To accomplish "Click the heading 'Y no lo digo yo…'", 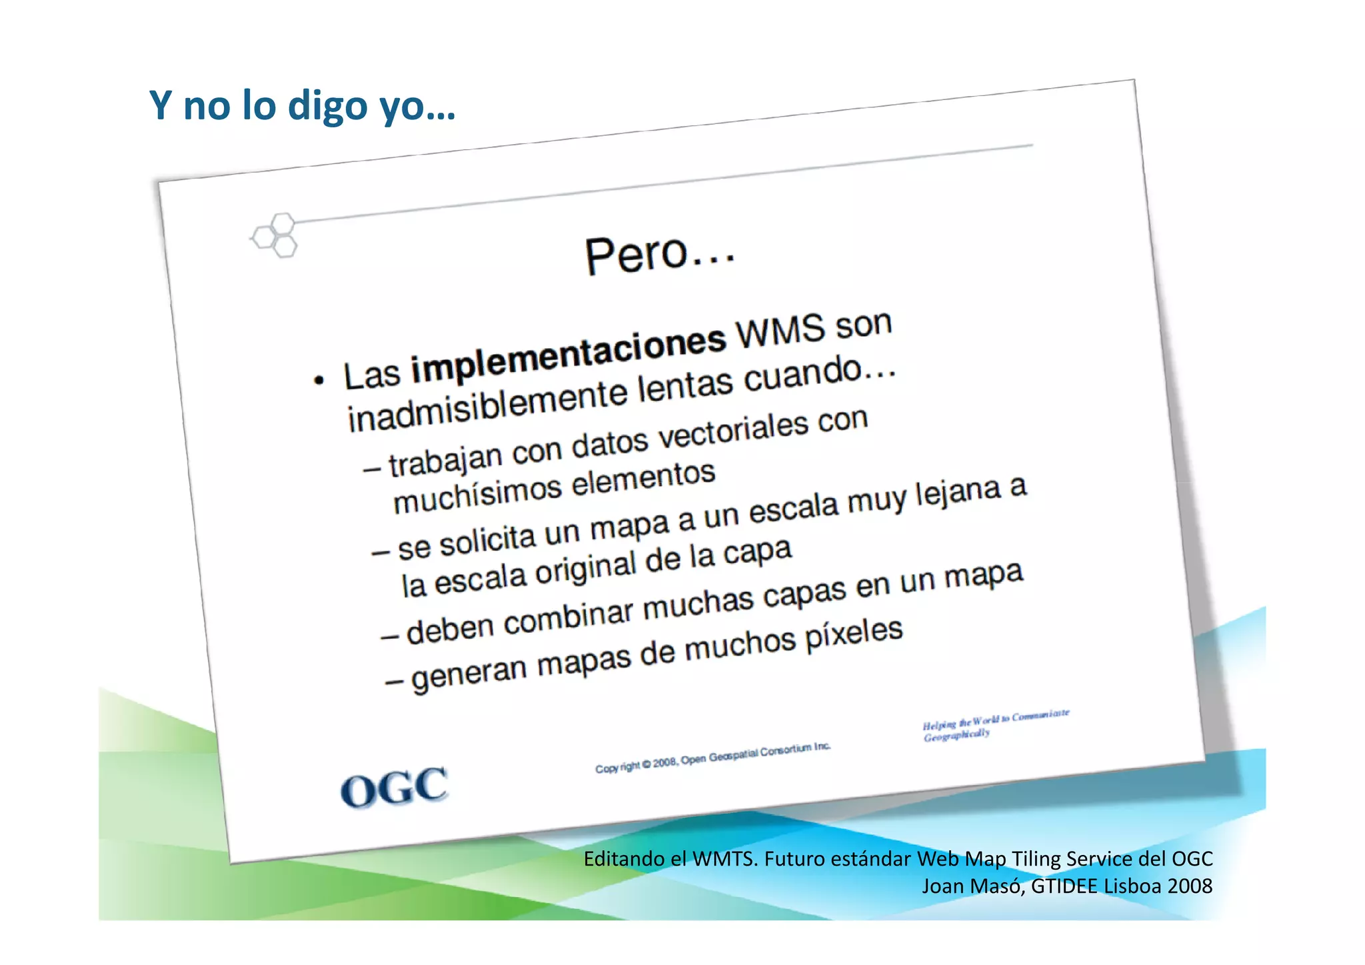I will (x=302, y=105).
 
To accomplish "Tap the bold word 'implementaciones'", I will (x=568, y=355).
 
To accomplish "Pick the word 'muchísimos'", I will (x=477, y=495).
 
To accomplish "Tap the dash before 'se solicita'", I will (x=381, y=553).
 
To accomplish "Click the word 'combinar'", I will (x=568, y=618).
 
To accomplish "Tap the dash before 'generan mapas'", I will (x=394, y=682).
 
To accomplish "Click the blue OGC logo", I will (x=394, y=788).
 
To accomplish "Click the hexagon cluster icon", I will (x=275, y=235).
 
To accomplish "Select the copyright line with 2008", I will (x=712, y=758).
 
